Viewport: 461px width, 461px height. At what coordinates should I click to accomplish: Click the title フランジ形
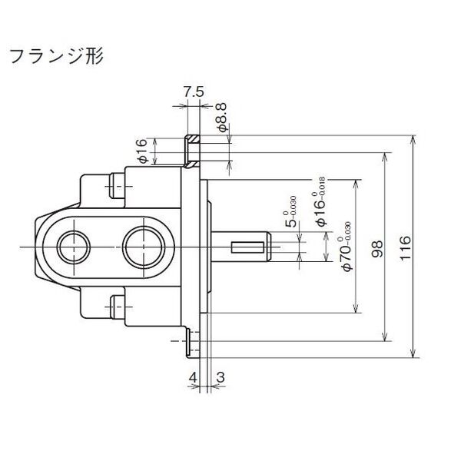point(56,56)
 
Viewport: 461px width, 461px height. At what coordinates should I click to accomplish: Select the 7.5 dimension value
point(194,92)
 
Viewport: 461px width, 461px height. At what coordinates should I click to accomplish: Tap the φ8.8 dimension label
point(222,117)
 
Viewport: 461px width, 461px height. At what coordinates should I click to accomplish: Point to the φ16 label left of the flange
point(143,151)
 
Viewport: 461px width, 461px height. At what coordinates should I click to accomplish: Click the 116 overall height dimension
point(405,247)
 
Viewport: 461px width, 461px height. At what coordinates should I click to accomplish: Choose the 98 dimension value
point(377,249)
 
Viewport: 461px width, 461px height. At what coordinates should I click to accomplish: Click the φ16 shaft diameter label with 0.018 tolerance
point(320,201)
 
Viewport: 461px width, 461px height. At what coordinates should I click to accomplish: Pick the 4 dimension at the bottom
point(193,377)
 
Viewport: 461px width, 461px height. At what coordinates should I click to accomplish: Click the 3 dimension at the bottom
point(221,377)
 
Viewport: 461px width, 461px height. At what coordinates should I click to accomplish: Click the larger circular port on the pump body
point(144,247)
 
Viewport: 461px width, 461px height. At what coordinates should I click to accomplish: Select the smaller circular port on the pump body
point(73,247)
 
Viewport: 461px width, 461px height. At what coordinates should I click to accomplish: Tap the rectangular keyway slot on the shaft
point(247,247)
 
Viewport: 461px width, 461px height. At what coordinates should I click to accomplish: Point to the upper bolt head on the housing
point(118,186)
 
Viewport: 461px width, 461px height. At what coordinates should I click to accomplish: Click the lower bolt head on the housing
point(118,307)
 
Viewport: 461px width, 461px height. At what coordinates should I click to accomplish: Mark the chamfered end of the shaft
point(269,247)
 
